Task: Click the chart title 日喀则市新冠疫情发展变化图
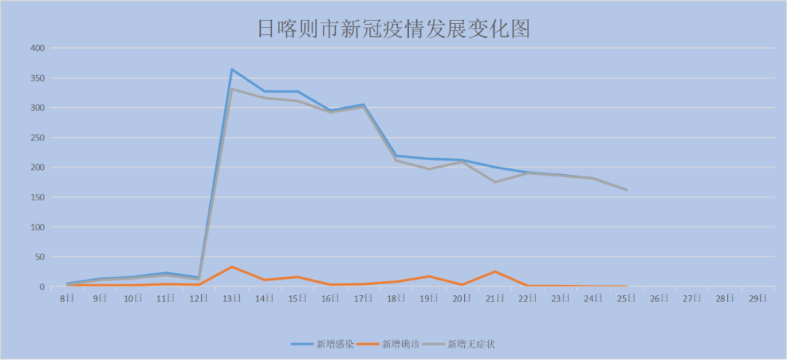coord(393,28)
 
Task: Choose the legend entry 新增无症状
coord(471,343)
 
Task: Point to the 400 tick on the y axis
coord(37,48)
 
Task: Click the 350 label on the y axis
coord(37,78)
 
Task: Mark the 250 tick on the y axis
coord(37,138)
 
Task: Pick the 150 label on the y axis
coord(37,197)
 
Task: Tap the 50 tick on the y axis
coord(39,257)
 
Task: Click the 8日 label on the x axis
coord(66,299)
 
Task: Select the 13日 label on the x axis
coord(232,299)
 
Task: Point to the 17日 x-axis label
coord(363,299)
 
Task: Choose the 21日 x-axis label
coord(495,299)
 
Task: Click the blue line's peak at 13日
coord(232,69)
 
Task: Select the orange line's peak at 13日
coord(232,267)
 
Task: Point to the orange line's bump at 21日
coord(495,272)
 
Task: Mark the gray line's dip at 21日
coord(495,182)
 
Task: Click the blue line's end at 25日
coord(626,190)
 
